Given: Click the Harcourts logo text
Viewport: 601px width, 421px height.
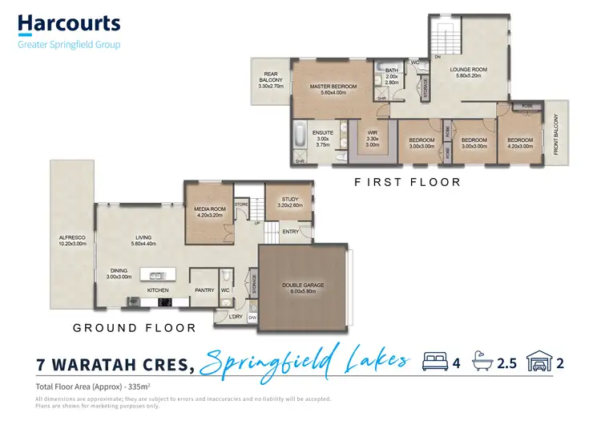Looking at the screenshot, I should (69, 24).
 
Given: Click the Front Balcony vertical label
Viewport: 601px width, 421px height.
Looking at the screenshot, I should (555, 135).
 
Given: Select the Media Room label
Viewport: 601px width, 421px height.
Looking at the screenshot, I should (210, 212).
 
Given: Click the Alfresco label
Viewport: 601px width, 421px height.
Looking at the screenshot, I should (71, 241).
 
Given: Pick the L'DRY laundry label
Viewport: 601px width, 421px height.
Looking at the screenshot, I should (235, 317).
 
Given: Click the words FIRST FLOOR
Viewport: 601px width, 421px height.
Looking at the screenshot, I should (407, 183).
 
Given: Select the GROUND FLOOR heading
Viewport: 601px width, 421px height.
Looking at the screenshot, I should (134, 328).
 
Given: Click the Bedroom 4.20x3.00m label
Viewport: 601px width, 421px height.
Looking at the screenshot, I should (519, 143).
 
